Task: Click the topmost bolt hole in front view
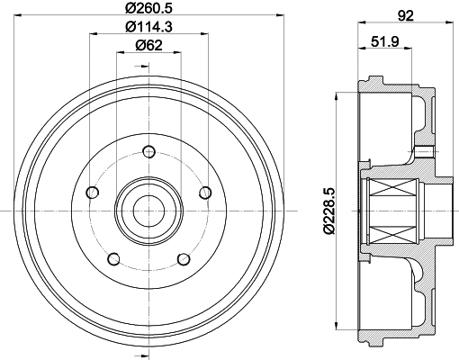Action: [147, 167]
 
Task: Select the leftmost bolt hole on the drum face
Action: [90, 192]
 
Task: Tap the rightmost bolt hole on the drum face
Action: [205, 192]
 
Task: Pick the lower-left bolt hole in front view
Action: [112, 259]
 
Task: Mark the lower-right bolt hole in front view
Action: [183, 259]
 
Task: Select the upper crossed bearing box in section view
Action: [391, 191]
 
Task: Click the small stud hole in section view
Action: [423, 150]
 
